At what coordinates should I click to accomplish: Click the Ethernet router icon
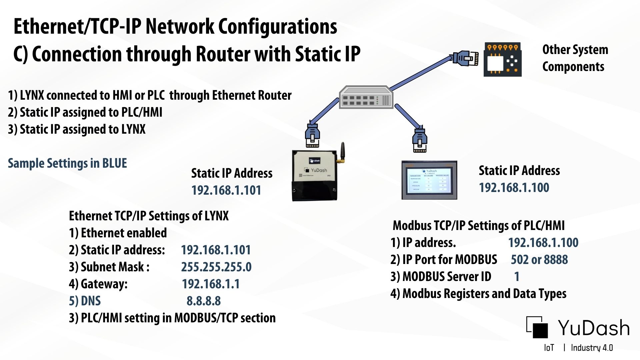366,97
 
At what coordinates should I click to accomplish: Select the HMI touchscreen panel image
429,180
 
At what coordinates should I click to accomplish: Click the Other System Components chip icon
502,59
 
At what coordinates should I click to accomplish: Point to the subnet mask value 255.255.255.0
216,267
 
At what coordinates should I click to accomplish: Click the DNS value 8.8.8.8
203,301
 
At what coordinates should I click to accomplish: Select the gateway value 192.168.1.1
211,284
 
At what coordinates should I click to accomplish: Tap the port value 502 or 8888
539,260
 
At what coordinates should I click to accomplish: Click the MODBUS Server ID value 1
517,277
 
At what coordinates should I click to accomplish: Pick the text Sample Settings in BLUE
67,163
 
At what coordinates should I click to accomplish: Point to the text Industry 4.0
592,348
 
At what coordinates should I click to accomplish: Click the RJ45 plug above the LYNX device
312,136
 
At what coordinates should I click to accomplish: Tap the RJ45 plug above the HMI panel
420,139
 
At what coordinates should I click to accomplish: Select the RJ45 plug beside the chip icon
466,58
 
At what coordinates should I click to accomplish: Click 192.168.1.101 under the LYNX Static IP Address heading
226,190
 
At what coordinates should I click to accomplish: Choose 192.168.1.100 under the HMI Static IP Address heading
514,188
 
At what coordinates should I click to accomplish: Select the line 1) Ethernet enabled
118,233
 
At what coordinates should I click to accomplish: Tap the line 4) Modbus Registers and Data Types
478,294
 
